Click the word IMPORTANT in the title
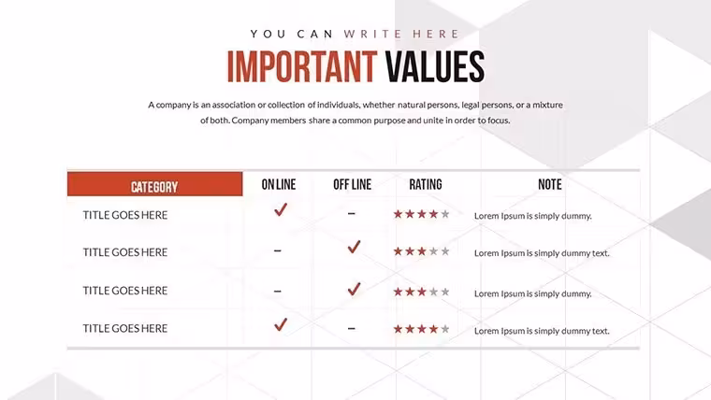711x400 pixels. coord(302,66)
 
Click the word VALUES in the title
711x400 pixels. coord(435,66)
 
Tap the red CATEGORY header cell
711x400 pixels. coord(154,184)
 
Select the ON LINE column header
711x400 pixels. coord(279,184)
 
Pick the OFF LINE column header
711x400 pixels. coord(353,184)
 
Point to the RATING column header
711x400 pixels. coord(426,184)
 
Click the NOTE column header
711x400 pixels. coord(549,184)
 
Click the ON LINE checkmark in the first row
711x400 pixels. coord(281,209)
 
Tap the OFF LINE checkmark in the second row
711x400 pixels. coord(354,247)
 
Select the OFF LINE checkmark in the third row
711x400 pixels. coord(354,289)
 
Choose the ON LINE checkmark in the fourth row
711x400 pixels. coord(281,324)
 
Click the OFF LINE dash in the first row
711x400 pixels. coord(352,213)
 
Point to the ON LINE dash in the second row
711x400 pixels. coord(278,250)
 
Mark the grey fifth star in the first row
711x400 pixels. coord(445,214)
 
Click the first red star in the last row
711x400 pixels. coord(398,329)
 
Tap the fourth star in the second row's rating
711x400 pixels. coord(433,251)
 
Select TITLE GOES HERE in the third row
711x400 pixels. coord(125,291)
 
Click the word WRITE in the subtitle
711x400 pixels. coord(372,34)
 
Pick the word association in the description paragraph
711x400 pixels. coord(234,105)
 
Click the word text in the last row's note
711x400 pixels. coord(601,331)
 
